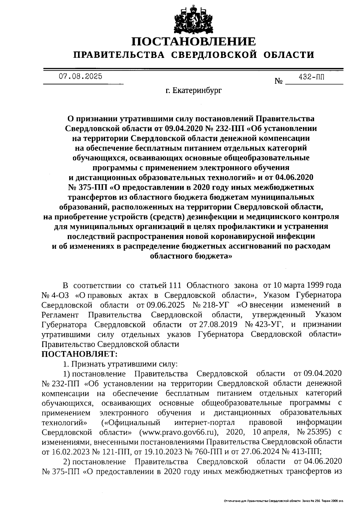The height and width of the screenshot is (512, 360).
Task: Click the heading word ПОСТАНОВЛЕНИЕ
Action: point(193,42)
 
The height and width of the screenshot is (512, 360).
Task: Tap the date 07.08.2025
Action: point(80,76)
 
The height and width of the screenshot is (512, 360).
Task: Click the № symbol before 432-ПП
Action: point(279,81)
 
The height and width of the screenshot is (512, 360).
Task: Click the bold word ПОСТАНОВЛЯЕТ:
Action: point(79,354)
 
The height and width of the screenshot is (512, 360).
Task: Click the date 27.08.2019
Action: point(217,324)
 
